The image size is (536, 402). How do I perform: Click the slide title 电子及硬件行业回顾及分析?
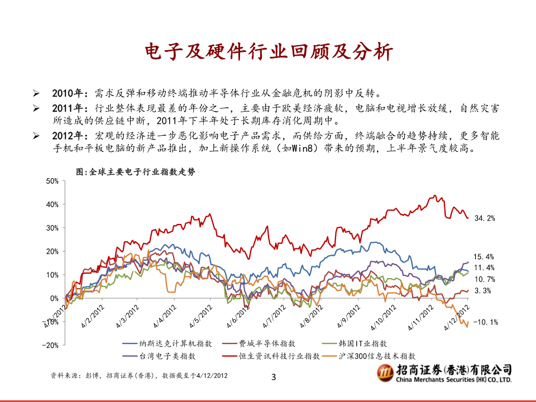[269, 52]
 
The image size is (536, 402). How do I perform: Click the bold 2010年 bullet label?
[68, 93]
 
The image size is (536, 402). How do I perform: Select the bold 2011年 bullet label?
[68, 108]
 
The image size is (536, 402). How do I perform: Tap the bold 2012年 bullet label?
[68, 136]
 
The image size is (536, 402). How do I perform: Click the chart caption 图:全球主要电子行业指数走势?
[136, 171]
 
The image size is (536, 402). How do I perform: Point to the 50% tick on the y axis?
[52, 181]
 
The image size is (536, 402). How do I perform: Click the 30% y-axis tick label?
[52, 228]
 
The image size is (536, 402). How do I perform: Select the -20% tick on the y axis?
[50, 345]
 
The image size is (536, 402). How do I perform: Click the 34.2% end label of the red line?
[485, 218]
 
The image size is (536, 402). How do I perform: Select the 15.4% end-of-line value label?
[484, 257]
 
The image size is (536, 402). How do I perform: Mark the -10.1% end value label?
[485, 322]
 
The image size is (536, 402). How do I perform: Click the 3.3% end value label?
[482, 290]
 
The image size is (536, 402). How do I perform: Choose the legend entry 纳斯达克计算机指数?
[167, 343]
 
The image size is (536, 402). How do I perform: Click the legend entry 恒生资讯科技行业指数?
[271, 356]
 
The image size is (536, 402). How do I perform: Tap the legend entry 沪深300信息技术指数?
[368, 356]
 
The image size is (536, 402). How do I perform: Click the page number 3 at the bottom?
[274, 377]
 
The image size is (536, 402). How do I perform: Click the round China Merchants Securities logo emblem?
[386, 372]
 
